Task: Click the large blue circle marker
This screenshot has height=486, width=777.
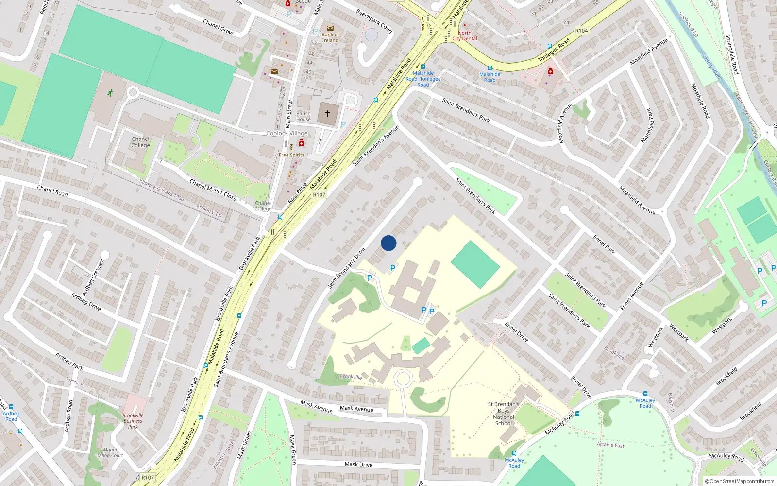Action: click(x=388, y=243)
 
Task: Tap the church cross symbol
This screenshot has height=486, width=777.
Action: click(x=328, y=114)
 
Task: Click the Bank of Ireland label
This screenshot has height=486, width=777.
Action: click(x=330, y=37)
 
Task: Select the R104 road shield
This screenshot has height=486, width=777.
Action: click(x=581, y=31)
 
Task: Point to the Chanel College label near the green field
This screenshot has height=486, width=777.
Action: click(x=140, y=142)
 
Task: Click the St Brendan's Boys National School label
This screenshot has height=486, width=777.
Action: click(x=504, y=414)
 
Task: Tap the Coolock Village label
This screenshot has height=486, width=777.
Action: click(x=287, y=133)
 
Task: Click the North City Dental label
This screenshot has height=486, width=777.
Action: click(x=465, y=36)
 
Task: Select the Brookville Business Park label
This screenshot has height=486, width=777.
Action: click(x=133, y=421)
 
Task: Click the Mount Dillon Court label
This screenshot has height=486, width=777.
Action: click(x=110, y=452)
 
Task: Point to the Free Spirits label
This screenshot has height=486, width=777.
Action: click(x=291, y=155)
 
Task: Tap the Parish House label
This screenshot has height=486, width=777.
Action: click(x=304, y=116)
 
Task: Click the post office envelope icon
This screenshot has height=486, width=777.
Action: click(x=274, y=71)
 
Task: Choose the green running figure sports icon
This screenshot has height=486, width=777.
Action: click(x=110, y=92)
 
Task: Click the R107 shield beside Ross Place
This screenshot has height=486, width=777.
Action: click(x=319, y=194)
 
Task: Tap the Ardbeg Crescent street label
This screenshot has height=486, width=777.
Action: click(x=93, y=277)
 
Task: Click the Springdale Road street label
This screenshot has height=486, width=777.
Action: click(x=731, y=54)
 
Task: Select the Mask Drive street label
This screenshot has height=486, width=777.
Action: click(x=358, y=464)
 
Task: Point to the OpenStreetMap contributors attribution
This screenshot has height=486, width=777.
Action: click(x=740, y=481)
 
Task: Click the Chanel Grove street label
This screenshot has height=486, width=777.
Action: click(x=219, y=27)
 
